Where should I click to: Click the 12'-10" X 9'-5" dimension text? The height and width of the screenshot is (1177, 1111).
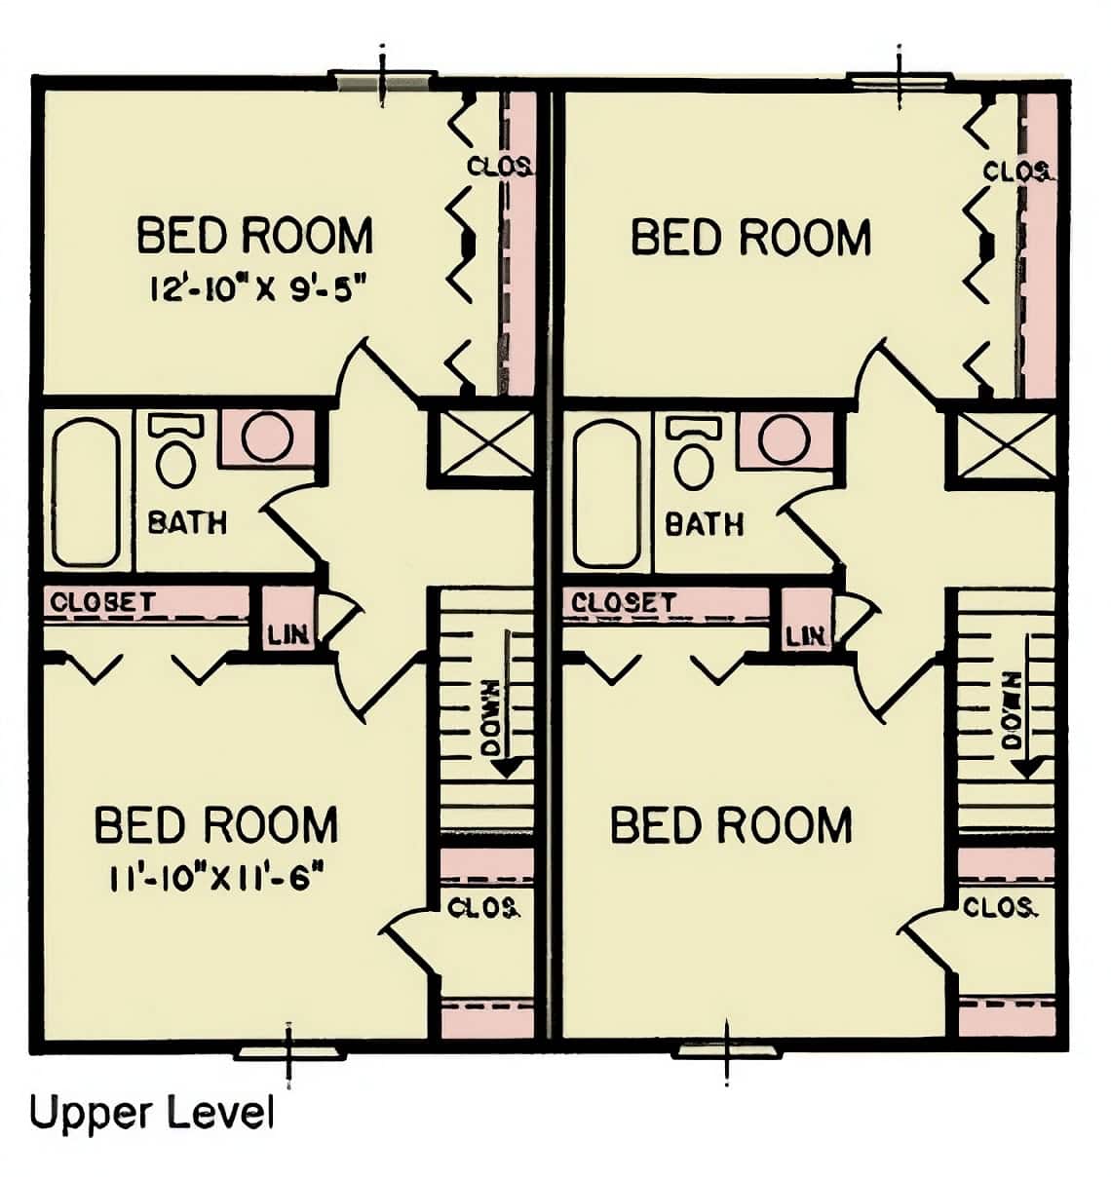pos(260,288)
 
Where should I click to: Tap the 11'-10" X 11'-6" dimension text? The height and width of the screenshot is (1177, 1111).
pos(216,877)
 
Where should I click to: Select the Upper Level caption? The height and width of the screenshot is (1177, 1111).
pos(151,1113)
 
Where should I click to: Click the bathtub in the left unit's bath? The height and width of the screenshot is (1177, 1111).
pos(87,492)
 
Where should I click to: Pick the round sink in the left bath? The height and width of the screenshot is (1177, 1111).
pos(267,437)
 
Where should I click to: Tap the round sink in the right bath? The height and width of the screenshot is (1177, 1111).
pos(785,439)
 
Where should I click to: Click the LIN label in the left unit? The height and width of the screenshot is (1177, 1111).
pos(288,635)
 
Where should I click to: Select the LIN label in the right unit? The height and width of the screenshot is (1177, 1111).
pos(806,636)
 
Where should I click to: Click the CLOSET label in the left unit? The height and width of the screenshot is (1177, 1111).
pos(102,601)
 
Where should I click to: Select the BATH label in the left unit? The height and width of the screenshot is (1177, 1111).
pos(187,522)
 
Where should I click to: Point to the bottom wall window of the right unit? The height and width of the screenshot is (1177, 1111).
pos(728,1050)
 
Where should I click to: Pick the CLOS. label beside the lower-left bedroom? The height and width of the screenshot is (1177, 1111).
pos(483,908)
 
